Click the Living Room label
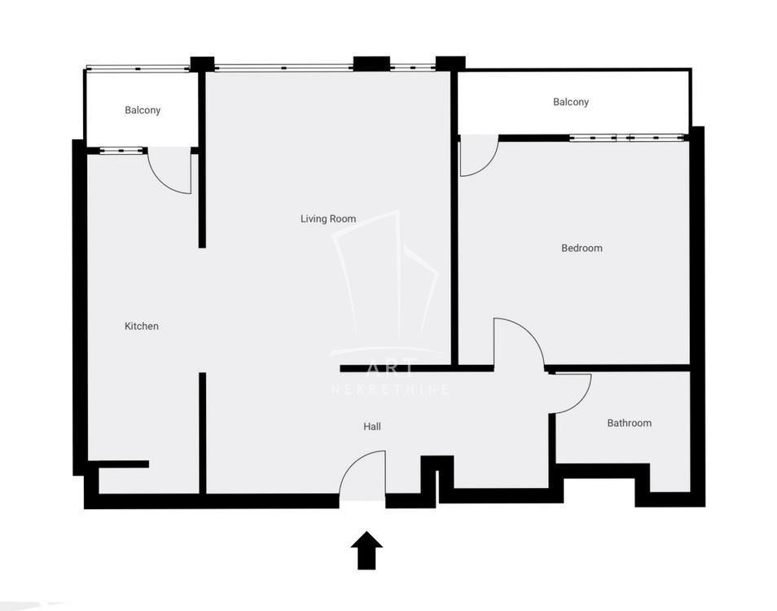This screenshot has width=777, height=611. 328,218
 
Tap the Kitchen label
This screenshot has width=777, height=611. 141,326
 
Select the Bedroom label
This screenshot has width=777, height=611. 582,248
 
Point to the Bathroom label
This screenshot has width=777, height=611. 630,423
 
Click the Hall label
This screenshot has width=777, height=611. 372,426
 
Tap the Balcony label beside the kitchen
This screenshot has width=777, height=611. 143,110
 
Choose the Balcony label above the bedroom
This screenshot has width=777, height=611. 571,102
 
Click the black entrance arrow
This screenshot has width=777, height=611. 367,550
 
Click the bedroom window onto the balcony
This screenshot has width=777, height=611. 627,138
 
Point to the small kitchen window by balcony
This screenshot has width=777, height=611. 121,151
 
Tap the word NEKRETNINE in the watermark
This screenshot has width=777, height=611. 390,389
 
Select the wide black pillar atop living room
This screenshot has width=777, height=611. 371,64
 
